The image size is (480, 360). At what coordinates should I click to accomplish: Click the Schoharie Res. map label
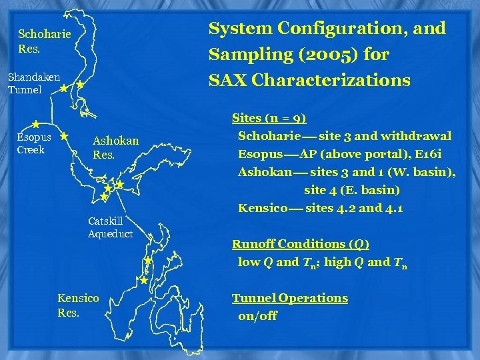44,41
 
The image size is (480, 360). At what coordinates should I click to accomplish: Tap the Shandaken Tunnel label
34,83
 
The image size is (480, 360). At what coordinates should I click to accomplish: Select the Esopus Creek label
34,143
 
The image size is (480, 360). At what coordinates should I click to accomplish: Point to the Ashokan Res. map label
115,147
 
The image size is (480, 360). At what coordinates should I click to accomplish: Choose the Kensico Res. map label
78,305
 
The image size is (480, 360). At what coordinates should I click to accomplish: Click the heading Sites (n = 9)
269,118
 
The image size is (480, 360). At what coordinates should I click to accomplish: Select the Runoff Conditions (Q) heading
300,244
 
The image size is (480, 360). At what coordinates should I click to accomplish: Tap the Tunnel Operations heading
289,298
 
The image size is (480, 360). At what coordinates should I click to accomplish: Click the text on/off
257,316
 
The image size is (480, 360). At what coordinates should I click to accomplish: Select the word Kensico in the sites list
263,208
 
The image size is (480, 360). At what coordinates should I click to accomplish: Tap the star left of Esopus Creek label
35,125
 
